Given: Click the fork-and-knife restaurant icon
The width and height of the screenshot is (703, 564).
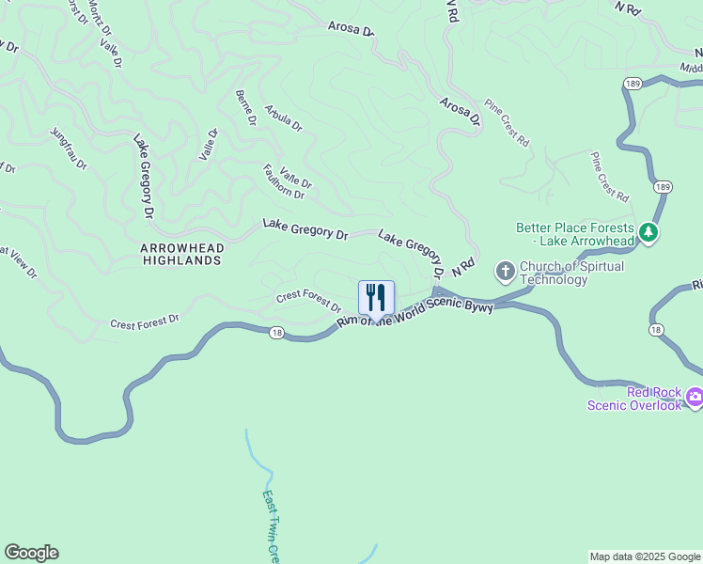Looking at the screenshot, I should [x=376, y=298].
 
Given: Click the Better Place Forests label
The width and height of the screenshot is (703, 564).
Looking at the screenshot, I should [x=574, y=233].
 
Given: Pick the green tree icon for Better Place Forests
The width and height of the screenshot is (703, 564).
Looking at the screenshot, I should [x=648, y=231].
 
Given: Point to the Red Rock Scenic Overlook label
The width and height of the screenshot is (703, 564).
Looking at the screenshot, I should [x=634, y=399].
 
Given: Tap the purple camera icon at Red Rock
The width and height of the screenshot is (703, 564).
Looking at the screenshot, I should [x=695, y=397].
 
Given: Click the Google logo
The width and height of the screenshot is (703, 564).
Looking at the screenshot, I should [x=31, y=553].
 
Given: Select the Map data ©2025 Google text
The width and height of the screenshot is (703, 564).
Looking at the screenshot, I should [x=645, y=556].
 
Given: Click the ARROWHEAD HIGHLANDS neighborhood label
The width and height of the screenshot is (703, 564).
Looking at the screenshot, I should [x=180, y=254].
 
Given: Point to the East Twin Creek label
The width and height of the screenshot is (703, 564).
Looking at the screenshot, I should [x=271, y=526].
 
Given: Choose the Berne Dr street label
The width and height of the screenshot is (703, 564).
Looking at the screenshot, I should [x=246, y=107].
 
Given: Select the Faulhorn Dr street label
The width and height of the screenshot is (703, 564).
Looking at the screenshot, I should [x=284, y=181].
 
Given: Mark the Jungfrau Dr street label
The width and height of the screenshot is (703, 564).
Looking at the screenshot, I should [x=69, y=149].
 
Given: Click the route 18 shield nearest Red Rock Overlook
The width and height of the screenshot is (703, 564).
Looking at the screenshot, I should [x=654, y=330].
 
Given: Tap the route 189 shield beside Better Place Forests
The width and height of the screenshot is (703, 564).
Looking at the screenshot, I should [x=664, y=187].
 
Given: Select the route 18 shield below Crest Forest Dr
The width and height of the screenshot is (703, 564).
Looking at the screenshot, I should [x=275, y=332].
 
